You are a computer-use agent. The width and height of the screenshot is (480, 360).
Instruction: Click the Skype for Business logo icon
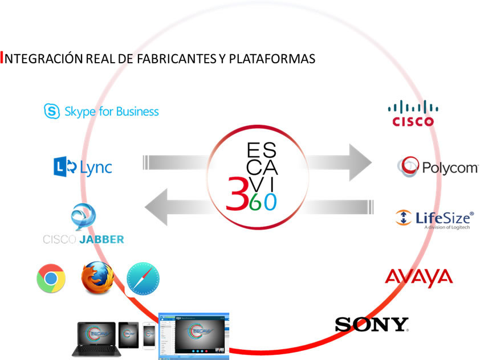point(52,111)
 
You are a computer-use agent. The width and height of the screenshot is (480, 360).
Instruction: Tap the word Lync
point(96,167)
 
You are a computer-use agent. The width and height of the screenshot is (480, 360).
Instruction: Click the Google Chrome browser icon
point(51,279)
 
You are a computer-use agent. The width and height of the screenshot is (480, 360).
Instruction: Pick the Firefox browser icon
point(97,277)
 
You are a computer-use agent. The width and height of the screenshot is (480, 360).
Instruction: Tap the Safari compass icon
point(143,279)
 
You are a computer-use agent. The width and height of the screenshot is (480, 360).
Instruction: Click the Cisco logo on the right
point(413,113)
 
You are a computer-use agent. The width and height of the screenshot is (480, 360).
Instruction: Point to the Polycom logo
point(438,167)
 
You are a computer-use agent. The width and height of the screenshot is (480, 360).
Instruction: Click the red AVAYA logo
point(419,278)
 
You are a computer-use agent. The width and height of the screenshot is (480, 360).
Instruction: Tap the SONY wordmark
point(371,325)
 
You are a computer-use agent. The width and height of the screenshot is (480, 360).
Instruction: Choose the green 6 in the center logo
point(255,202)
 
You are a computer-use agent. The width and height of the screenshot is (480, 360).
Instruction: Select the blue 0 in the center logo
point(270,202)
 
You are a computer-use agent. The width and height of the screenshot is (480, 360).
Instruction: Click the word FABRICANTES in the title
point(174,59)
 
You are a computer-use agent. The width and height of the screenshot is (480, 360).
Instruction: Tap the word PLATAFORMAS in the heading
point(275,59)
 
